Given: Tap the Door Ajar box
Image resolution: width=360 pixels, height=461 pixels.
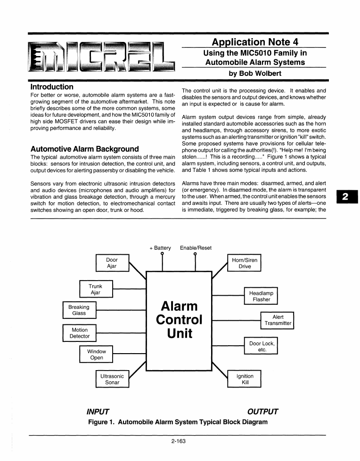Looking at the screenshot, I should point(112,263).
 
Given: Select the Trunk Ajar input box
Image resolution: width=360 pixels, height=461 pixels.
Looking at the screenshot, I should point(96,289).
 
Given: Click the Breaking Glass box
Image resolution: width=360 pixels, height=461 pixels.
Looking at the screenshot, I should point(79,310).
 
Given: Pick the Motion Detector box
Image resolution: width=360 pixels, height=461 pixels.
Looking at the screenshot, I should point(79,333).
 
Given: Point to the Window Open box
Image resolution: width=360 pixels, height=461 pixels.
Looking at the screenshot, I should point(97,354).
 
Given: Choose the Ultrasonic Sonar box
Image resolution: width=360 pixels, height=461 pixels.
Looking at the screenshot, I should point(112,379).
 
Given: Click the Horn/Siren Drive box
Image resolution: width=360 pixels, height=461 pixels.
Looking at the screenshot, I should point(245,263).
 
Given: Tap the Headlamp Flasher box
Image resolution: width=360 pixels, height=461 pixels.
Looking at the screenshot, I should point(261,296).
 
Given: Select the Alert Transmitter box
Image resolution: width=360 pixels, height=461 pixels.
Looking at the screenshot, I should point(278,320).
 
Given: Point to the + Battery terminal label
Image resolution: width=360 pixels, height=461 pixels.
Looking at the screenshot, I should point(160,248).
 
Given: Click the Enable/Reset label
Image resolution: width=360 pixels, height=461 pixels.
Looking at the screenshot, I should point(196,248).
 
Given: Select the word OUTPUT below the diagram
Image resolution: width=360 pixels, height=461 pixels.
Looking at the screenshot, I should point(262,412).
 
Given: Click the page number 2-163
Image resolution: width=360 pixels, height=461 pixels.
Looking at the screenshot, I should point(180,442).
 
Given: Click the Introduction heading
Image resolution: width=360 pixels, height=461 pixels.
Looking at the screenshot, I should point(52,87).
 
